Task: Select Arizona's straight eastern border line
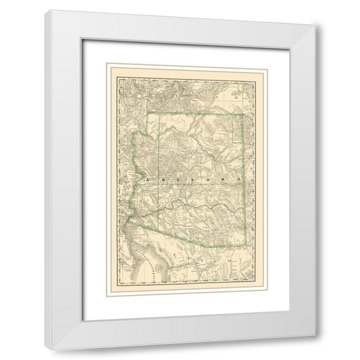pos(241,182)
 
